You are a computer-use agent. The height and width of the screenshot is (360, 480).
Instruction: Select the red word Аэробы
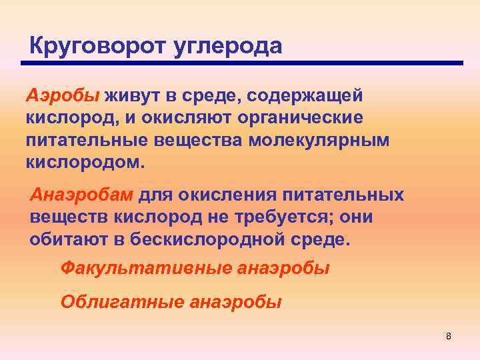tap(61, 95)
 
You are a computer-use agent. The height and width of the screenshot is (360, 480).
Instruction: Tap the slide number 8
tap(449, 335)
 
